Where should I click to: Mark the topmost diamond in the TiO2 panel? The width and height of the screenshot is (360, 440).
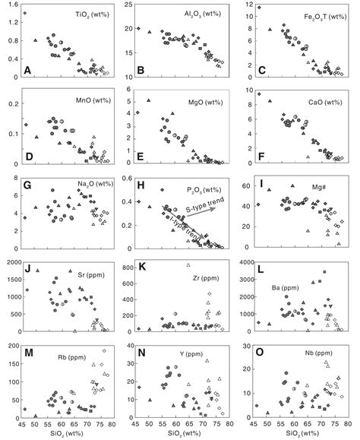[x=25, y=13]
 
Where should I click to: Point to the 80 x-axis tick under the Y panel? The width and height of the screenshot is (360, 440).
[x=226, y=423]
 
